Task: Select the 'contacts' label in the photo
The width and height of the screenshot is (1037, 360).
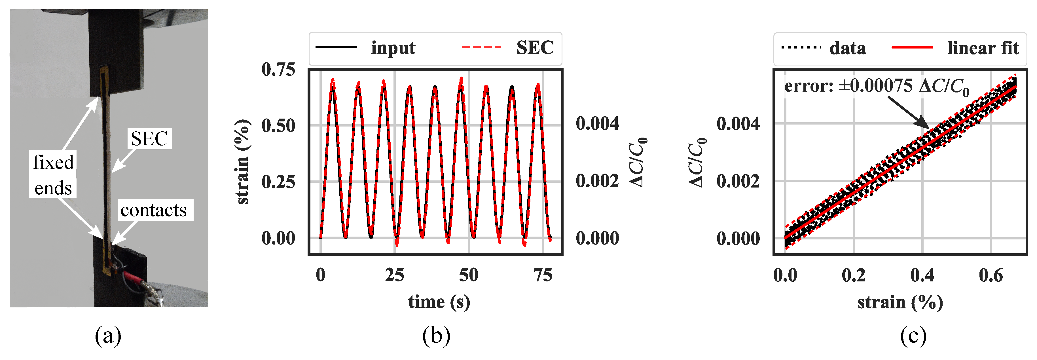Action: tap(154, 210)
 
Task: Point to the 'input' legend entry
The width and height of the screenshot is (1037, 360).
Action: tap(393, 48)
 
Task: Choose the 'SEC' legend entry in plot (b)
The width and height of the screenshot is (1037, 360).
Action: tap(535, 48)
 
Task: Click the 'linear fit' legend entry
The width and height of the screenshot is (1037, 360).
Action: tap(982, 48)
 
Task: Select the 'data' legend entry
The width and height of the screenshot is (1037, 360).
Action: tap(847, 48)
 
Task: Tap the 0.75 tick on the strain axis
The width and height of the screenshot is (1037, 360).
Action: tap(278, 70)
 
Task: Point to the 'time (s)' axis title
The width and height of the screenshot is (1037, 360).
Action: tap(439, 302)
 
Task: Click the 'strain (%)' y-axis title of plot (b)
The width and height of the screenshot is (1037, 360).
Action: tap(242, 162)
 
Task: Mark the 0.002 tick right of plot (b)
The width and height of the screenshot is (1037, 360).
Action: tap(597, 181)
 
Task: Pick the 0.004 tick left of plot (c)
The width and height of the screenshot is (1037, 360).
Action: tap(738, 124)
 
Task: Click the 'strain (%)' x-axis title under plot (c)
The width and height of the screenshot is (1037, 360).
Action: tap(900, 302)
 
